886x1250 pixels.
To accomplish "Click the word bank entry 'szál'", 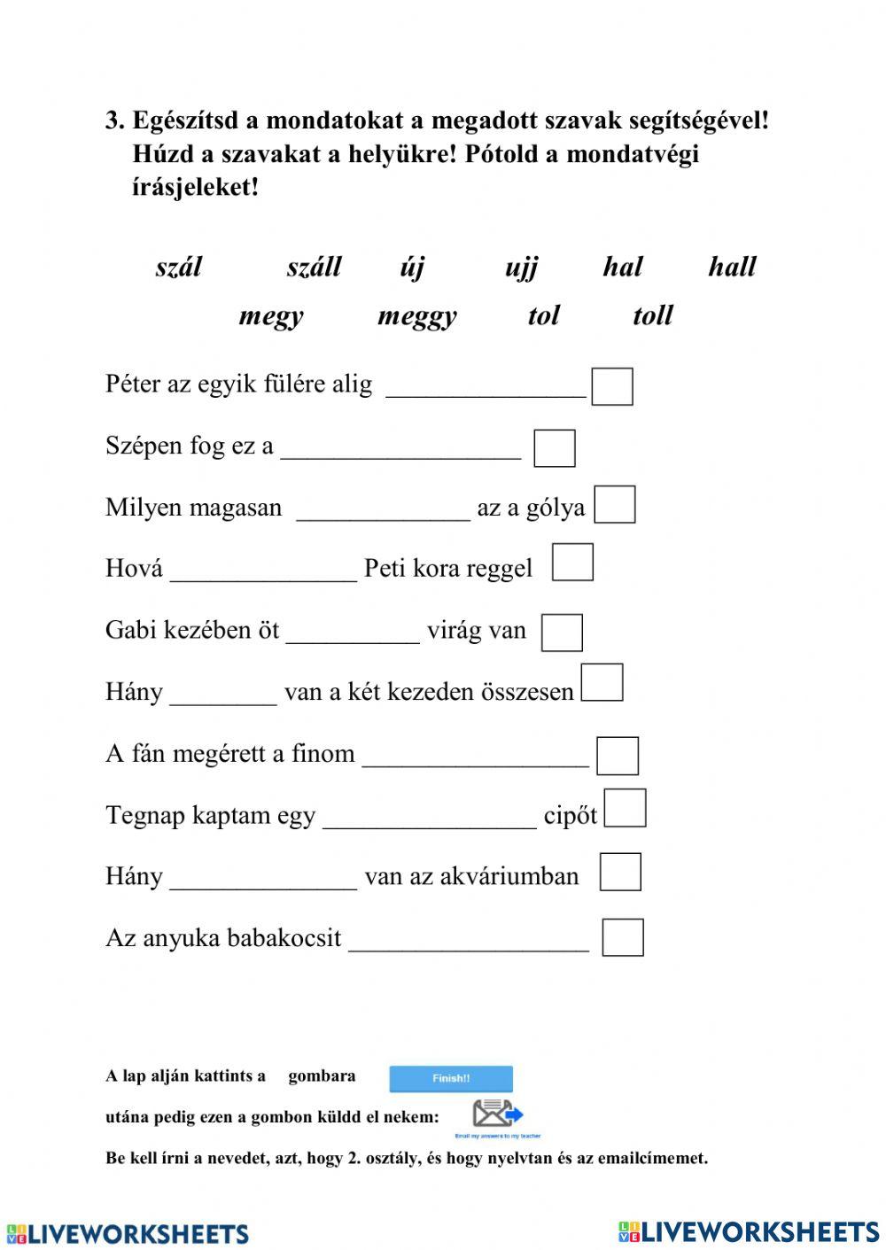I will pyautogui.click(x=179, y=267).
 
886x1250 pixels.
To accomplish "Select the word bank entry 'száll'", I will pyautogui.click(x=314, y=267).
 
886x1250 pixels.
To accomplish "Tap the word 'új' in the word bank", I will pyautogui.click(x=412, y=267).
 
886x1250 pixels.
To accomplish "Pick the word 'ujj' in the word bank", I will pyautogui.click(x=521, y=268).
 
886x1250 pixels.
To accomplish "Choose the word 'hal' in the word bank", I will pyautogui.click(x=622, y=267).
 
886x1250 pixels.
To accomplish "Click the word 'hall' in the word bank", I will pyautogui.click(x=732, y=267).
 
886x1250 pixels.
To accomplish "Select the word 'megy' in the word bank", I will pyautogui.click(x=271, y=316).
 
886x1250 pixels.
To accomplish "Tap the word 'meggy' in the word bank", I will pyautogui.click(x=416, y=316).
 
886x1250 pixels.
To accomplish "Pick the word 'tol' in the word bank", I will pyautogui.click(x=543, y=315).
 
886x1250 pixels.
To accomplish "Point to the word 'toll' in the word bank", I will pyautogui.click(x=653, y=315).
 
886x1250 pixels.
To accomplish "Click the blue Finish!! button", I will pyautogui.click(x=451, y=1078).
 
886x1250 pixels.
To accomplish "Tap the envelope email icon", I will pyautogui.click(x=497, y=1114).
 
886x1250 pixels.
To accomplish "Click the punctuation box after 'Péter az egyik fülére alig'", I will pyautogui.click(x=612, y=387).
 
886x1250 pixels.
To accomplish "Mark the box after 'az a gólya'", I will pyautogui.click(x=615, y=505).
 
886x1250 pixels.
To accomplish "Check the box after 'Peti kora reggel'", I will pyautogui.click(x=572, y=563).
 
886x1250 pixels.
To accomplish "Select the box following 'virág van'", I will pyautogui.click(x=562, y=633).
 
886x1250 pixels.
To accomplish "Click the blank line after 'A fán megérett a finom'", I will pyautogui.click(x=476, y=758).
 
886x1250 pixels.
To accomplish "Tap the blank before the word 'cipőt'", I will pyautogui.click(x=430, y=820).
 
